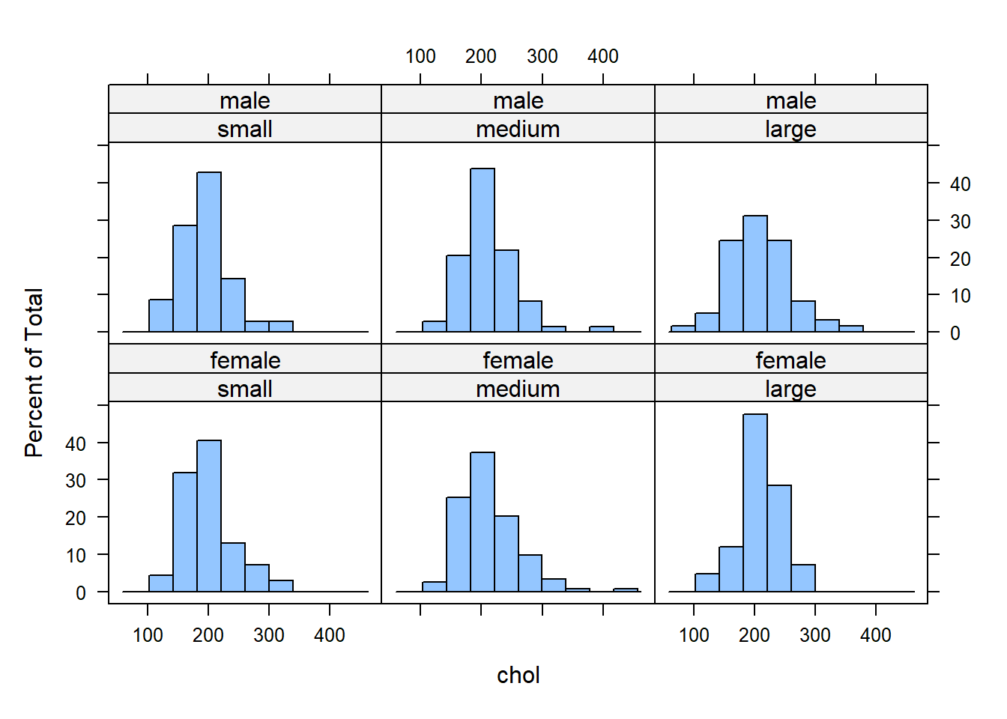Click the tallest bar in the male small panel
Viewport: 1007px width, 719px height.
[x=209, y=252]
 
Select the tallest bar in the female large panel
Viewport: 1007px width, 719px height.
[x=755, y=503]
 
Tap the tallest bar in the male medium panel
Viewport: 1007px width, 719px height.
[x=483, y=249]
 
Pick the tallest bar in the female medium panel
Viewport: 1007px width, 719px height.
[x=483, y=522]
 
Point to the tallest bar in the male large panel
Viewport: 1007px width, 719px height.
[x=755, y=273]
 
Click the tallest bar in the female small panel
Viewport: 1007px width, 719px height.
[x=209, y=516]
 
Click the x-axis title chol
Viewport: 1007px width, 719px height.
[x=518, y=675]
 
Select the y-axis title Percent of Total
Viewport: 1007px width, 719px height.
[x=34, y=372]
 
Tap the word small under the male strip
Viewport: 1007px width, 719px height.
[x=245, y=129]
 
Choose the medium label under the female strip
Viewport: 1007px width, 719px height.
[x=518, y=389]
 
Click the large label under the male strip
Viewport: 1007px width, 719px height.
[x=790, y=129]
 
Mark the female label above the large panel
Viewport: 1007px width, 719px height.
[x=790, y=360]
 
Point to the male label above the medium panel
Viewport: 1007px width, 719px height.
[x=518, y=100]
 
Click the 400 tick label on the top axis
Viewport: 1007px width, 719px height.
[x=602, y=56]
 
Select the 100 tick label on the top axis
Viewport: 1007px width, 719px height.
[x=420, y=56]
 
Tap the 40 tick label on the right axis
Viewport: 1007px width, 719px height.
[x=960, y=184]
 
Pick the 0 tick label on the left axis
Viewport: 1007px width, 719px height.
[x=81, y=593]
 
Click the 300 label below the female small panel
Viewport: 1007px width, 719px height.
[x=269, y=635]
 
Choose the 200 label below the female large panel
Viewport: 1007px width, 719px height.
[x=755, y=635]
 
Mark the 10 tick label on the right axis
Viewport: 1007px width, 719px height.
[x=960, y=296]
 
